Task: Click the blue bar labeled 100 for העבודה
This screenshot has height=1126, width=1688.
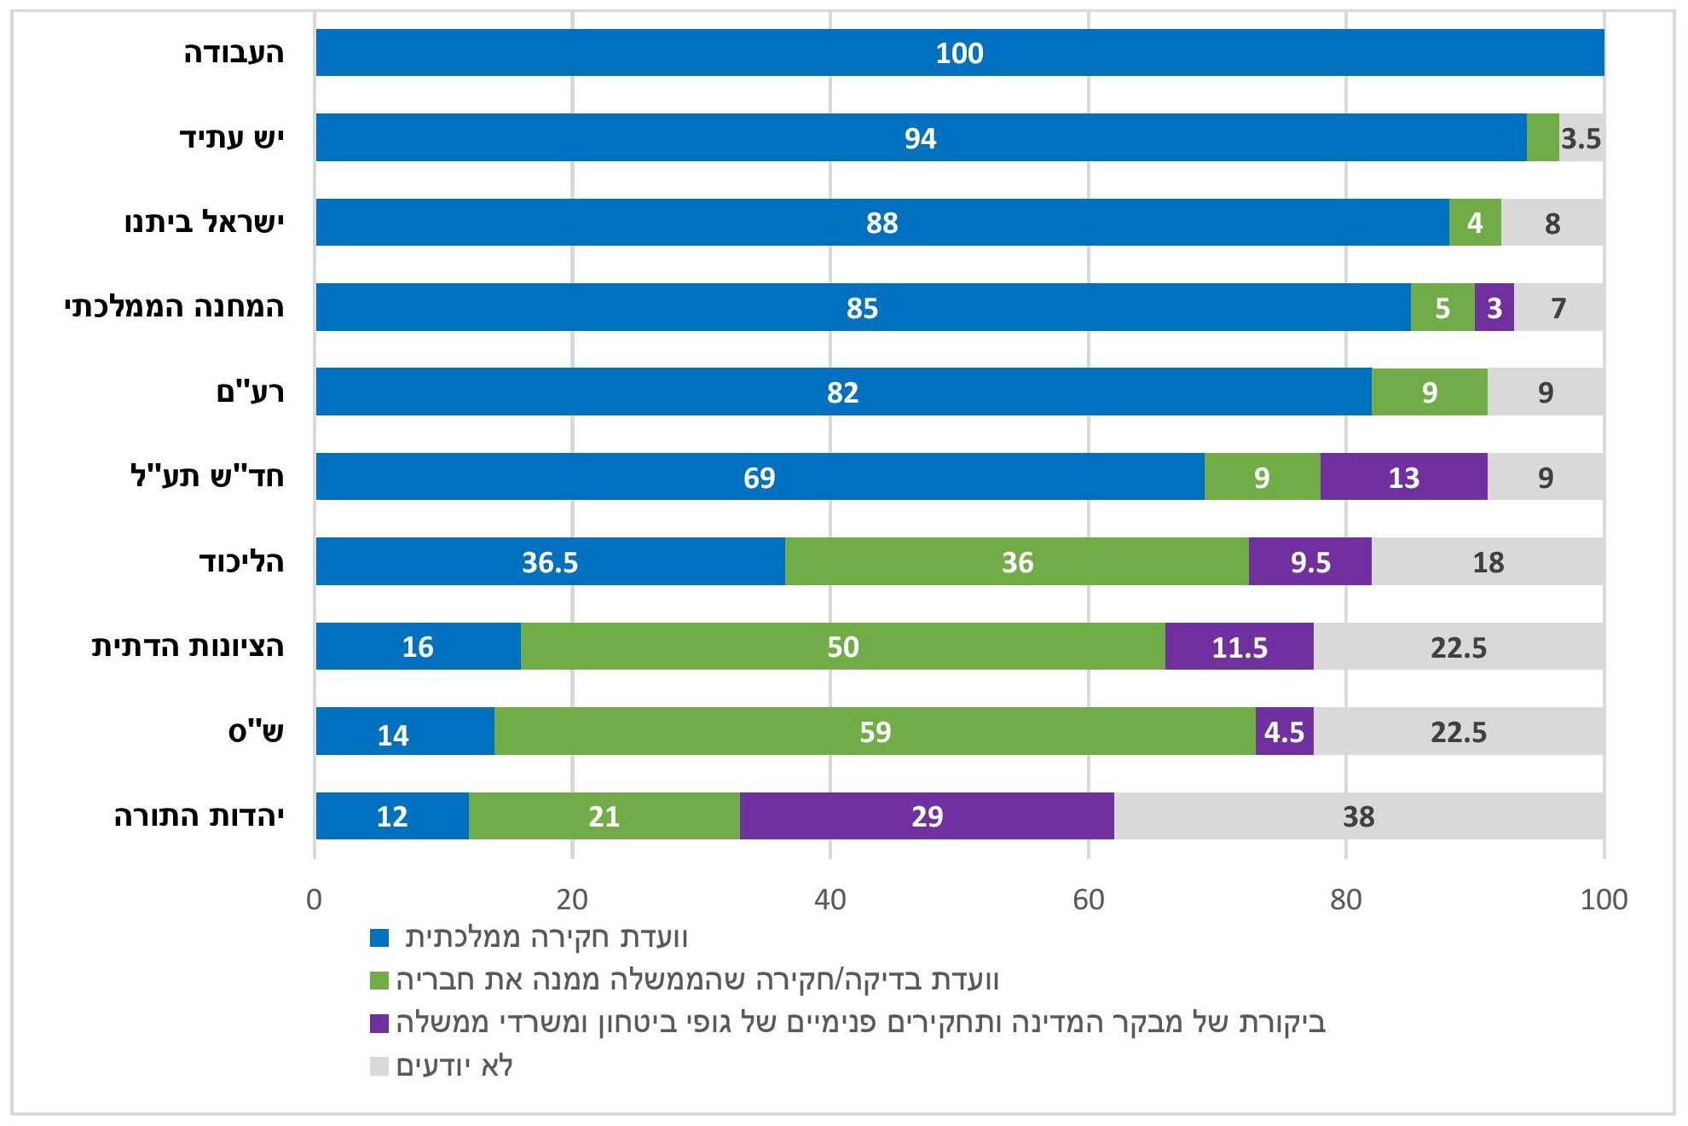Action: pyautogui.click(x=959, y=53)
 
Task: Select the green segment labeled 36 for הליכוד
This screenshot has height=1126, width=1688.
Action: pyautogui.click(x=1016, y=562)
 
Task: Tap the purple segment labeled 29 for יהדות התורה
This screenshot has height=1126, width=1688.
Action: pyautogui.click(x=927, y=816)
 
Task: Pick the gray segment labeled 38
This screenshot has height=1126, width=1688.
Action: pyautogui.click(x=1358, y=816)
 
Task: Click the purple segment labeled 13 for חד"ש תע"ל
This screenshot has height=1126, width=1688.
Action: pyautogui.click(x=1403, y=477)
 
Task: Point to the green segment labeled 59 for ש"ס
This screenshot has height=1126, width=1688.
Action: pyautogui.click(x=875, y=732)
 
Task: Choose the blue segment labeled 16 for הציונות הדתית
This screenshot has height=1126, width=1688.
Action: pyautogui.click(x=418, y=647)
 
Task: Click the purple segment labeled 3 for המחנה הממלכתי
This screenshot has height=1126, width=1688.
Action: pyautogui.click(x=1494, y=308)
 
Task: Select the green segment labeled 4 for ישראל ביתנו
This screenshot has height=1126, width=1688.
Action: pyautogui.click(x=1474, y=223)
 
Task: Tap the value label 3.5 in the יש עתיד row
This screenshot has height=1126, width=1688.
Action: pyautogui.click(x=1581, y=138)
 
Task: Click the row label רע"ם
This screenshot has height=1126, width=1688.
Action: pyautogui.click(x=250, y=392)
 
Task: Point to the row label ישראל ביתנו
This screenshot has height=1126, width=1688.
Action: pyautogui.click(x=205, y=223)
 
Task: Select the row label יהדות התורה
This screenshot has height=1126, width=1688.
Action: pyautogui.click(x=199, y=816)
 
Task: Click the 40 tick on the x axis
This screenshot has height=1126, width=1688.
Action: pyautogui.click(x=830, y=899)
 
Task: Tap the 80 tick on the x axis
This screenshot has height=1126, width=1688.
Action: pyautogui.click(x=1345, y=899)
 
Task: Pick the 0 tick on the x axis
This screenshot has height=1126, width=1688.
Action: pyautogui.click(x=315, y=899)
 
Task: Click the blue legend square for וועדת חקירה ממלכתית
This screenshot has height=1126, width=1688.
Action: pyautogui.click(x=379, y=937)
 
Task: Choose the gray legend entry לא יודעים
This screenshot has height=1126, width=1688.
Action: pyautogui.click(x=454, y=1065)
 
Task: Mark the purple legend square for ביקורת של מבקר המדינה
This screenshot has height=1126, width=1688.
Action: pyautogui.click(x=379, y=1023)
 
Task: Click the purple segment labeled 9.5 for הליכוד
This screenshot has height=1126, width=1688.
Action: pyautogui.click(x=1309, y=562)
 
